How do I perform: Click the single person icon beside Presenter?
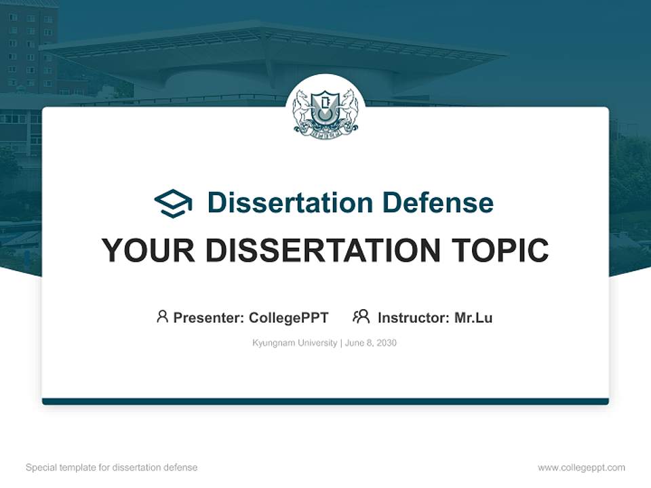tap(162, 317)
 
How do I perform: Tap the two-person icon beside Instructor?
tap(361, 317)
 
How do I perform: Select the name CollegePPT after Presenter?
tap(289, 317)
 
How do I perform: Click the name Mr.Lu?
tap(473, 317)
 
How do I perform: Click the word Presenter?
tap(209, 317)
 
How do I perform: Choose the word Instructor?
tap(413, 317)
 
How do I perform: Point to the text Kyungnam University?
tap(294, 343)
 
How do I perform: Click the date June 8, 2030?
tap(371, 343)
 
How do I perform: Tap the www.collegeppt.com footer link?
tap(581, 468)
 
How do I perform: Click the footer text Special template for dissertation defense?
tap(111, 468)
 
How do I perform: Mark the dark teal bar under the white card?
tap(325, 401)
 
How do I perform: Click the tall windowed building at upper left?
tap(28, 47)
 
